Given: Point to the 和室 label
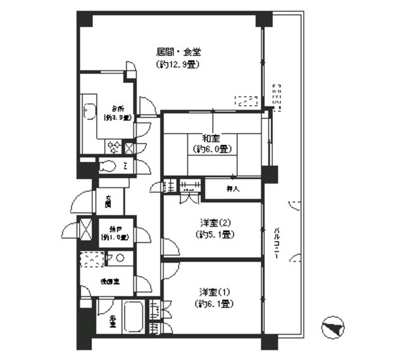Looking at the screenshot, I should click(211, 138).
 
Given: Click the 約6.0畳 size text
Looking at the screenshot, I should click(211, 149).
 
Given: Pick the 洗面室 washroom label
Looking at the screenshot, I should click(105, 279).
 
